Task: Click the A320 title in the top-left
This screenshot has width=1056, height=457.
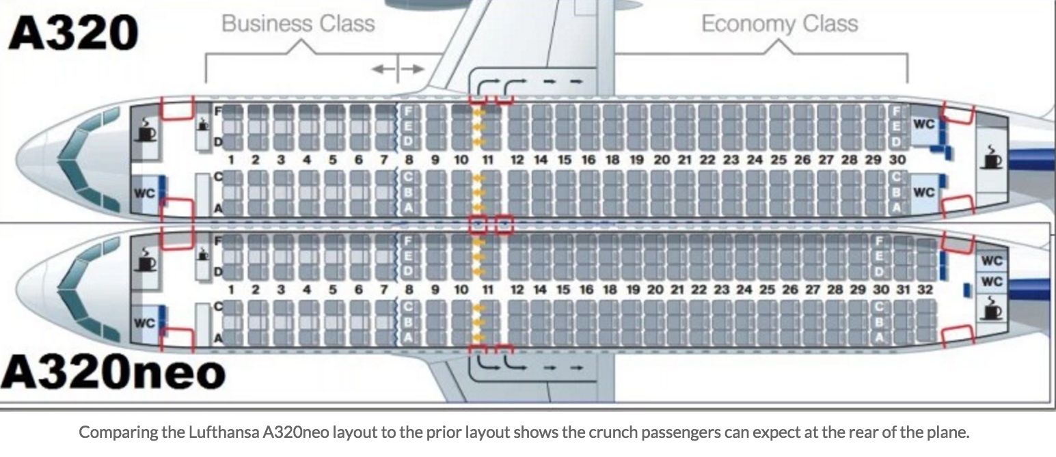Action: coord(73,32)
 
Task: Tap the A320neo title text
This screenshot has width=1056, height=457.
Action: coord(113,372)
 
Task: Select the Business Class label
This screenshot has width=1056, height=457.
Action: coord(299,24)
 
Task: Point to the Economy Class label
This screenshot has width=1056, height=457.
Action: coord(779,24)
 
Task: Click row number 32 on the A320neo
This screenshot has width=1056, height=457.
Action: coord(925,290)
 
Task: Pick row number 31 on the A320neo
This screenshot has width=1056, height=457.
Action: coord(904,290)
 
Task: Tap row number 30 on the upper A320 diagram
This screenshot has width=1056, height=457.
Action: coord(897,160)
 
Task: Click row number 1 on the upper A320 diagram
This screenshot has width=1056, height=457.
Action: coord(232,160)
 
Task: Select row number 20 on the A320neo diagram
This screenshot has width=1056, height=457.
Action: coord(655,290)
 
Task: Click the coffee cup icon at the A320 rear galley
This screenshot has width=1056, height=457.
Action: coord(991,157)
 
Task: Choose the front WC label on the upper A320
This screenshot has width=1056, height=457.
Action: coord(145,193)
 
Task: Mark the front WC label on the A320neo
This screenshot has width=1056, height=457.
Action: coord(145,322)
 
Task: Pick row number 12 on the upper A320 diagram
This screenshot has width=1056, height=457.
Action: coord(517,160)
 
